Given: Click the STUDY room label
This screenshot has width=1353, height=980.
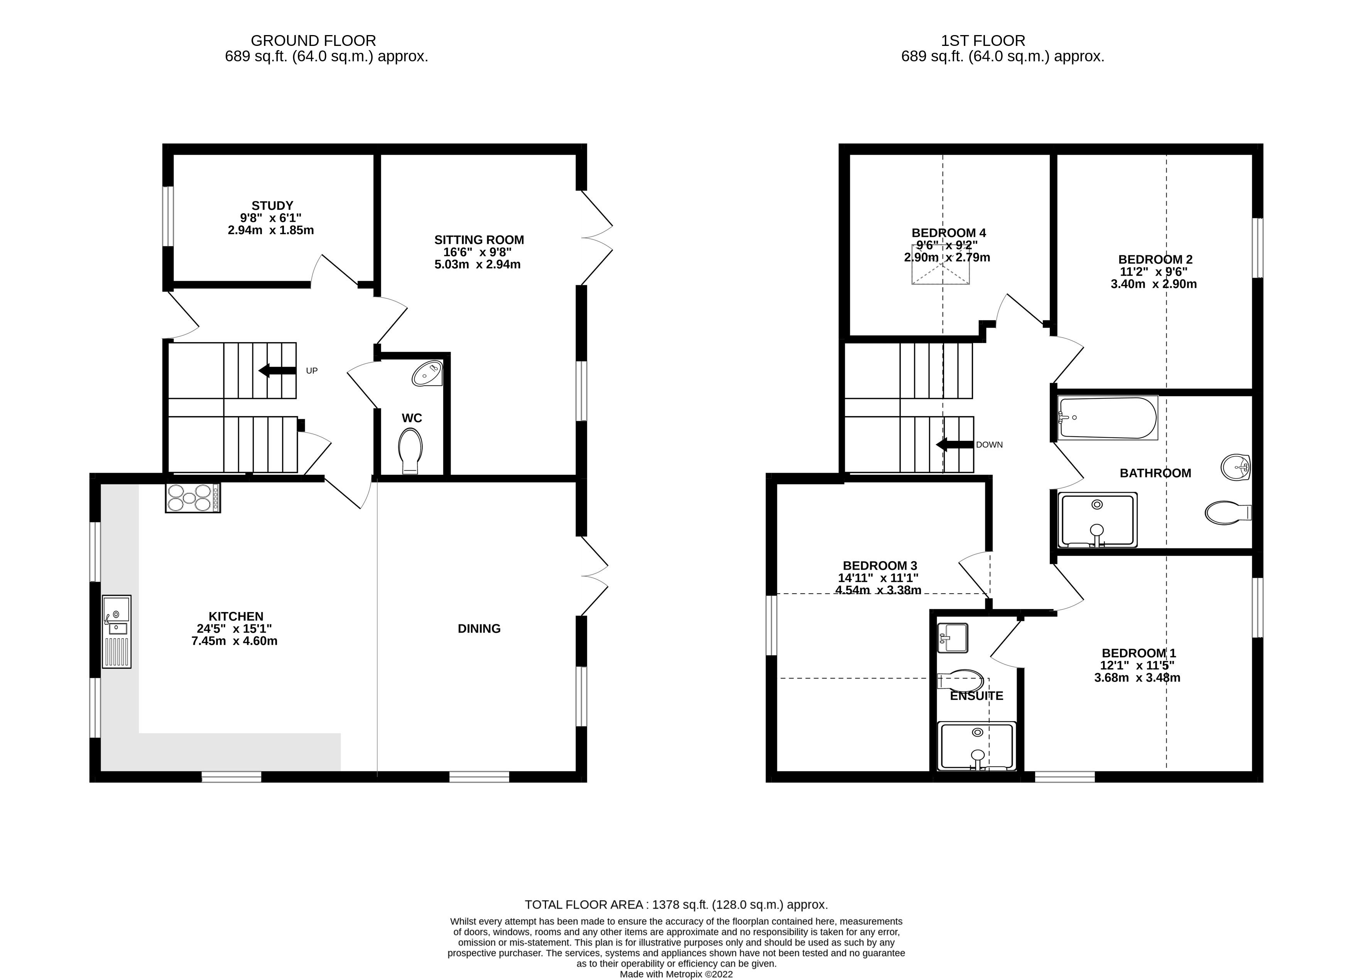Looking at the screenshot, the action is click(x=272, y=206).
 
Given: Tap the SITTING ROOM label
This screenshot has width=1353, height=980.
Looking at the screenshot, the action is click(x=479, y=240).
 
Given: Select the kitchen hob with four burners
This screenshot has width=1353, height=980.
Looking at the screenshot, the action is click(x=193, y=498).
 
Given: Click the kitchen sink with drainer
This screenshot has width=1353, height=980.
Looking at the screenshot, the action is click(x=117, y=631).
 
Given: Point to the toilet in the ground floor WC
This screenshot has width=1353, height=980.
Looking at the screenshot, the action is click(x=410, y=452).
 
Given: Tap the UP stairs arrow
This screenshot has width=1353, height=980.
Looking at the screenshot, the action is click(x=277, y=370).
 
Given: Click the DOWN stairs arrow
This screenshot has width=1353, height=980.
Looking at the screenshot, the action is click(x=954, y=444).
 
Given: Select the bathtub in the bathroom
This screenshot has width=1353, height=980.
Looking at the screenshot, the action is click(x=1107, y=418).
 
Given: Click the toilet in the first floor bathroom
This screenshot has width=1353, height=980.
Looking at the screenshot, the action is click(x=1228, y=512).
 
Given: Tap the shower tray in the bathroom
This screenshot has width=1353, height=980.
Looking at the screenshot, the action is click(x=1097, y=520).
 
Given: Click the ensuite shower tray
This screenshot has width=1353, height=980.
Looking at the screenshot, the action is click(x=976, y=746).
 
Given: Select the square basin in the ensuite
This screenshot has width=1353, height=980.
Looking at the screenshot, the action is click(x=952, y=638).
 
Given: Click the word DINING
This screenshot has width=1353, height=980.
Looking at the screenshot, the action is click(x=479, y=628).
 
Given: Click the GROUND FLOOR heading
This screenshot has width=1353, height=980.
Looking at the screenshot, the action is click(x=313, y=40).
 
